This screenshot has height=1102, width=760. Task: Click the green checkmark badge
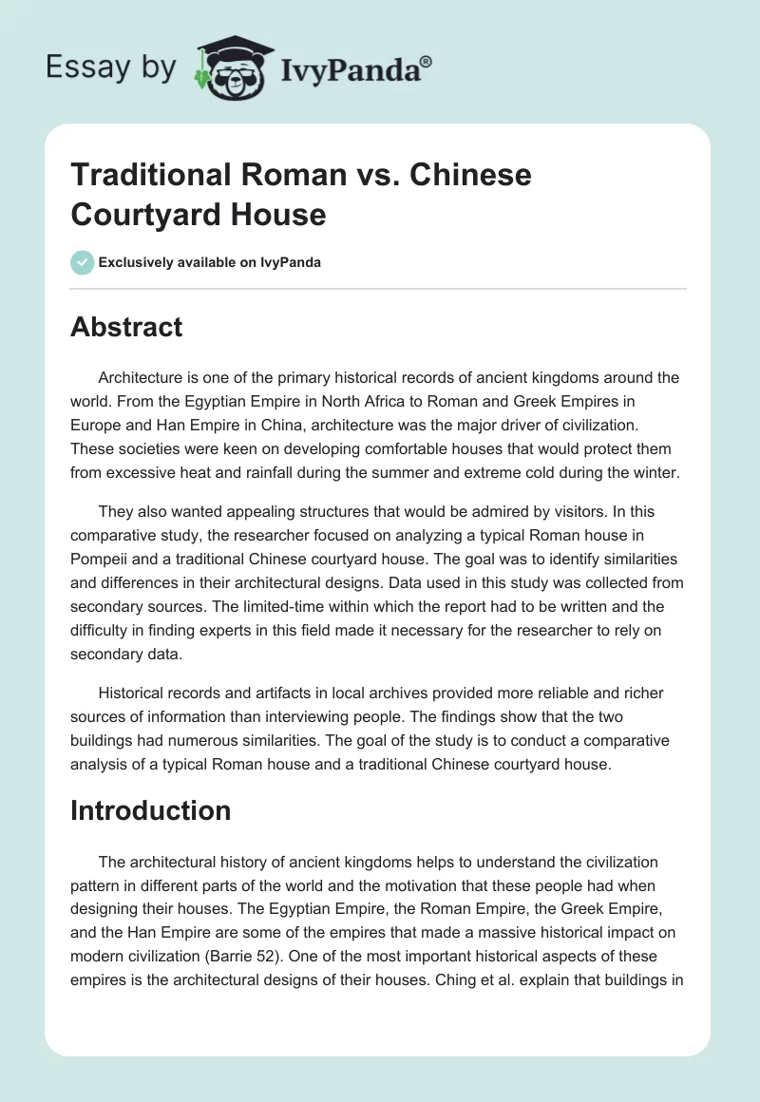83,262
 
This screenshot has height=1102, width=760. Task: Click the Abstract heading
126,327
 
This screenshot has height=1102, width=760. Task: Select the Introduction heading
151,810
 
